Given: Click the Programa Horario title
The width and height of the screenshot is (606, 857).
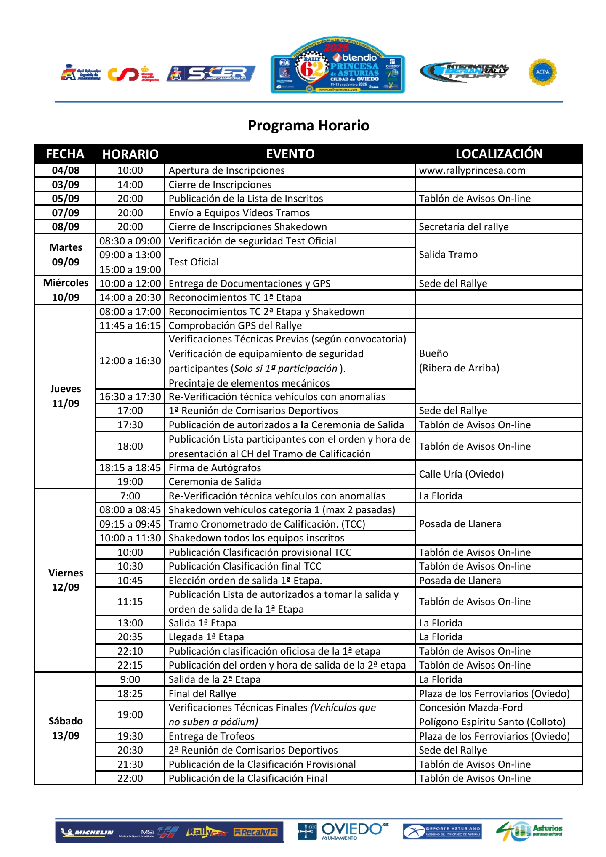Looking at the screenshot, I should point(308,125).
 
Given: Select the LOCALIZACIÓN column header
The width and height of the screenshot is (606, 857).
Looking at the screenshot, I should point(499,154).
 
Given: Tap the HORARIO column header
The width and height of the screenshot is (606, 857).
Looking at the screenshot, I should point(130,154).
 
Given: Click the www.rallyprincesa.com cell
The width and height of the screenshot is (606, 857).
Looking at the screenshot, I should point(472,170).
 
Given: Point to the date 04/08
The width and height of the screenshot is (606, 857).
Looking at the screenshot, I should point(66,170).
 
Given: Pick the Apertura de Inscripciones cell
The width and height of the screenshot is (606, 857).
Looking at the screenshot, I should point(226,170).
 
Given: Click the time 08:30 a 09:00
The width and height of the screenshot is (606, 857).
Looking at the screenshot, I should point(130,241).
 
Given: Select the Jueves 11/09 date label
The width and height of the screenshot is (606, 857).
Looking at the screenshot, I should point(66,396).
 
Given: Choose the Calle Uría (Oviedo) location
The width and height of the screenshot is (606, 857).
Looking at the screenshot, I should point(461,474).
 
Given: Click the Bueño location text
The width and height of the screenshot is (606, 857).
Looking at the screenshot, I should point(433,353).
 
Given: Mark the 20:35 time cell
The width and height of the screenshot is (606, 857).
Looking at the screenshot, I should point(130,637).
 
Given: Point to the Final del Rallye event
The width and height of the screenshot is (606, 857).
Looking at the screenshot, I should point(202,694).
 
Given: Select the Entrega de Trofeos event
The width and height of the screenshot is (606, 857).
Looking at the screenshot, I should point(211,736).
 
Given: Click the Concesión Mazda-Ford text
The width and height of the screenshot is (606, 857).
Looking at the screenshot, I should point(470,708).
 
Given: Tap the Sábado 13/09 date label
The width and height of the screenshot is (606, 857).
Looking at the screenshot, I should point(66,728).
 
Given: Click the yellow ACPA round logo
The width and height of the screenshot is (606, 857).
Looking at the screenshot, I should point(542,72).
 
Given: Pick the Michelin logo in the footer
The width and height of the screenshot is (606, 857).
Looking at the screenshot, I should point(88,832).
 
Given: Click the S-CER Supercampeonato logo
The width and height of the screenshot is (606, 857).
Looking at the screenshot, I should point(211,74).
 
